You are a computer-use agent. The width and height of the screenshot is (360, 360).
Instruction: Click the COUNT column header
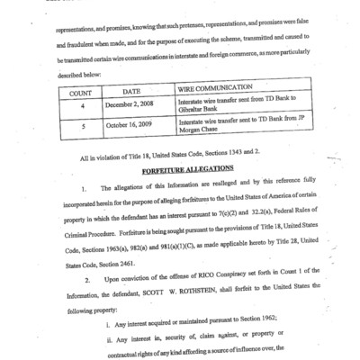point(82,92)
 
